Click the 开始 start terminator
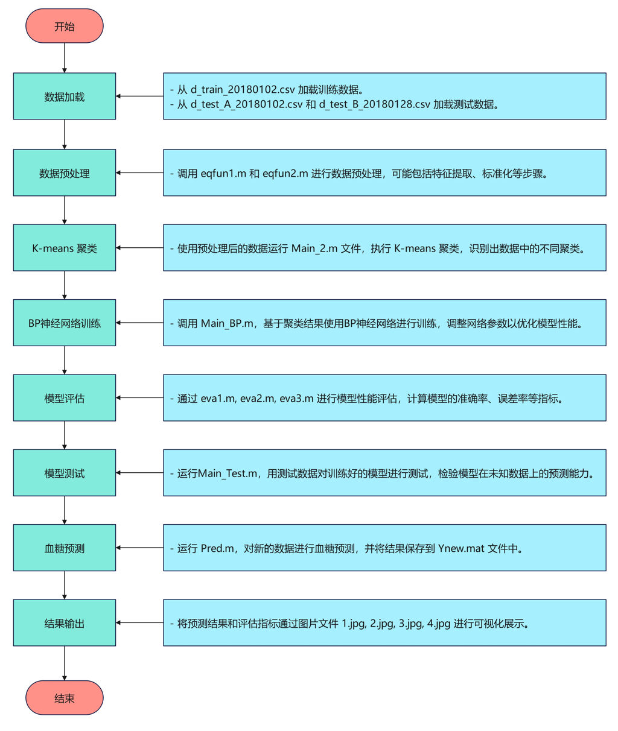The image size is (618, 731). [x=65, y=26]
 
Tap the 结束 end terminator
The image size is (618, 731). [x=65, y=698]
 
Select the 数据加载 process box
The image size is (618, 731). [x=65, y=97]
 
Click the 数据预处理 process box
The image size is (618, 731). [x=65, y=173]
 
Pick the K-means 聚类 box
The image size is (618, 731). [x=65, y=248]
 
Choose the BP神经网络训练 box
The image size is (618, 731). [x=65, y=323]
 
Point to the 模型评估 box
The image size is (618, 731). [x=65, y=398]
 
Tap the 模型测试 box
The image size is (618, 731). [x=65, y=473]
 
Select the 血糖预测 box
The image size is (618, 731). [x=65, y=548]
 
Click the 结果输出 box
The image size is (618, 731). [x=65, y=623]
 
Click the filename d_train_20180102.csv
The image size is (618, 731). [x=243, y=90]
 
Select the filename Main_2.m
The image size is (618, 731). [x=314, y=248]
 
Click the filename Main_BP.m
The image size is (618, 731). [x=227, y=323]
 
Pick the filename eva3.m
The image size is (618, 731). [x=296, y=399]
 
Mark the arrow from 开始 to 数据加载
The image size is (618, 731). [x=65, y=58]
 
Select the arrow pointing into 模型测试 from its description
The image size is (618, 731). [x=139, y=473]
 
